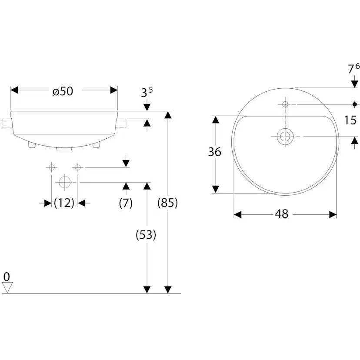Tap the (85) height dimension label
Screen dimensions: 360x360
tap(167, 203)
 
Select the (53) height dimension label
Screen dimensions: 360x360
tap(146, 235)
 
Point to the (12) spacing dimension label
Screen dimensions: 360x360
tap(64, 203)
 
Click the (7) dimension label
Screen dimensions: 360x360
tap(126, 203)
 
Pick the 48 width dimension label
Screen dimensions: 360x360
tap(282, 214)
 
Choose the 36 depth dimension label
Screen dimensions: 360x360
tap(215, 152)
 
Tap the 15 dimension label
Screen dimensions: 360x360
tap(350, 120)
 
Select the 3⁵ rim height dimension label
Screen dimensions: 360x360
tap(147, 92)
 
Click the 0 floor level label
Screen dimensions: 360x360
tap(7, 276)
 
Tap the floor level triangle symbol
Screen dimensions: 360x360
tap(7, 287)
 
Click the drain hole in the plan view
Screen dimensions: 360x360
tap(285, 137)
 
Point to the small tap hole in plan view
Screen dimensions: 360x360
tap(285, 104)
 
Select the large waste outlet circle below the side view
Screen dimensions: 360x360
tap(64, 182)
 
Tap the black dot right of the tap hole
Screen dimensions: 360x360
tap(355, 104)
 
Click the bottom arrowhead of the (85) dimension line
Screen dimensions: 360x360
tap(168, 289)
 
